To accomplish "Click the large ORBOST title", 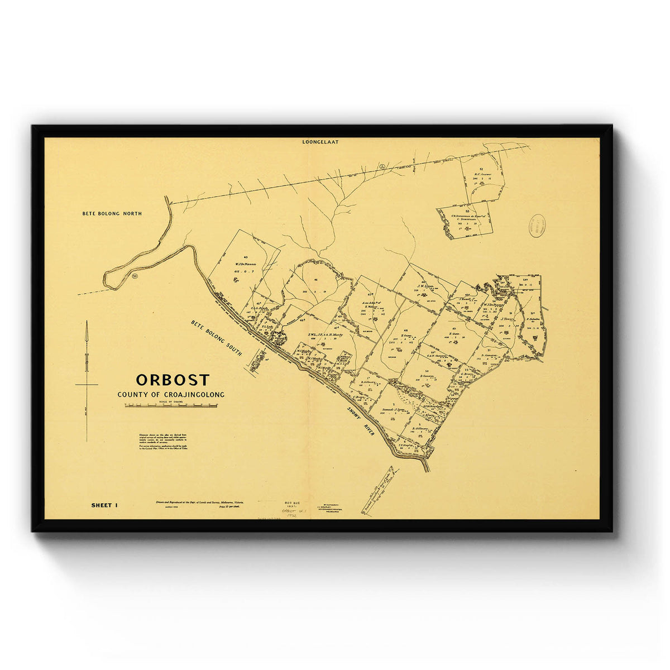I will [x=173, y=380].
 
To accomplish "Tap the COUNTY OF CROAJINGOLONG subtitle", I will [x=171, y=395].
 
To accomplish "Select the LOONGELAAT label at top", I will [x=320, y=142].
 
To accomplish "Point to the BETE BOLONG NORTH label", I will [x=112, y=213].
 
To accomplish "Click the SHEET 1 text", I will [x=104, y=505].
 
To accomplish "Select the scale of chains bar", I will [x=171, y=406].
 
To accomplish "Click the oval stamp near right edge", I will [x=537, y=226].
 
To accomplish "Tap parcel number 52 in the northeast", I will [x=481, y=168].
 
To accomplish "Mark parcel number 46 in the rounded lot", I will [x=316, y=280].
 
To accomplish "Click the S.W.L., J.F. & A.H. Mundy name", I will [x=325, y=335].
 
